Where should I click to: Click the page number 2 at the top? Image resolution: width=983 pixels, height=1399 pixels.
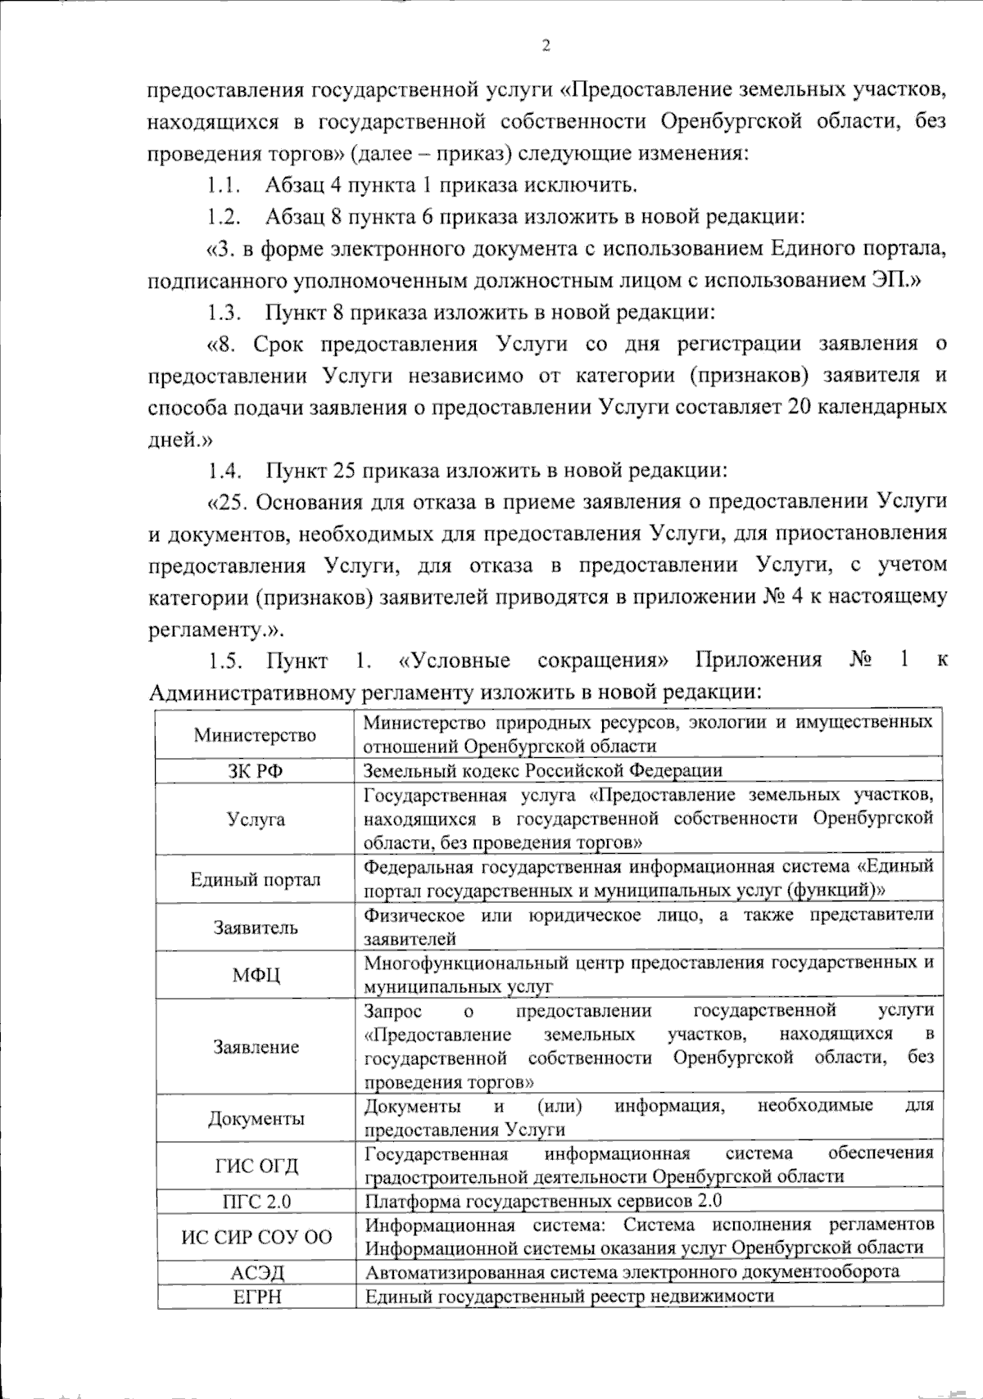546,46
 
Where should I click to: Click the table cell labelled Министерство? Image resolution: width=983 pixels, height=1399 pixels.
255,734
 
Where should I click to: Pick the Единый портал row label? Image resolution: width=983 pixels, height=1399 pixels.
256,880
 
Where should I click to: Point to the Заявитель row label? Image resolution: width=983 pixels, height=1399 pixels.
256,927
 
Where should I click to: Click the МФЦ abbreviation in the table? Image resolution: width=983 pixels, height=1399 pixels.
256,976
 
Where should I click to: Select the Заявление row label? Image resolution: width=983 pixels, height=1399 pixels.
256,1047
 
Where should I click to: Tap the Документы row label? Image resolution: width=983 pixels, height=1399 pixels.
256,1119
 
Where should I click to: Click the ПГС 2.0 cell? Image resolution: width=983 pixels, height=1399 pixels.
256,1202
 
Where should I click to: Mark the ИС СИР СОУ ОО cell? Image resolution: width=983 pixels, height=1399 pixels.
256,1237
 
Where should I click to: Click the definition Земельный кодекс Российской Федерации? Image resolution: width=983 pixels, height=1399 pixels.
543,770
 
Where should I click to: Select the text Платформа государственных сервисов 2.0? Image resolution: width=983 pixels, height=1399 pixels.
543,1202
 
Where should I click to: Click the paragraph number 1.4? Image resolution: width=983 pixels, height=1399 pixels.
222,471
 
